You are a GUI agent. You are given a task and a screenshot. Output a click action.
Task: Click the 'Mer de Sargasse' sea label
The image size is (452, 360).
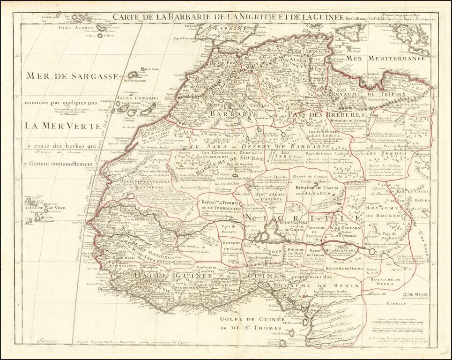(x=71, y=75)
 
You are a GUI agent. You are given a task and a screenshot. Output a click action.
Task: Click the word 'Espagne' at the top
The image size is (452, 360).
(x=230, y=28)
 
